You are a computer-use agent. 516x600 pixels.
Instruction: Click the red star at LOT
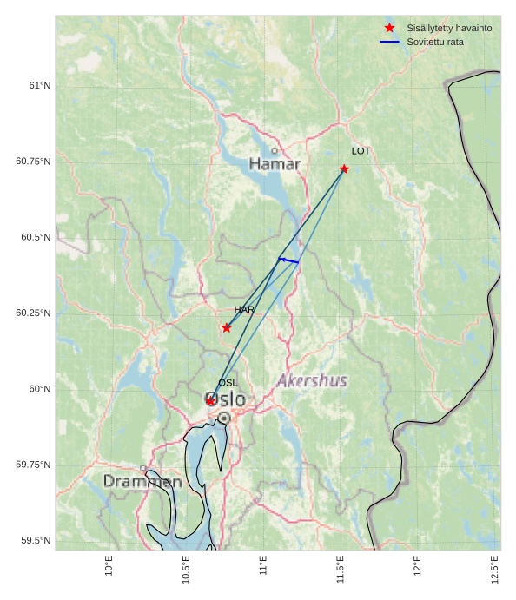tap(344, 169)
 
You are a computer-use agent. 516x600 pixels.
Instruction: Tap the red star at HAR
tap(227, 327)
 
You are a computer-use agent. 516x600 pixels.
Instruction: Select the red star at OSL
tap(210, 400)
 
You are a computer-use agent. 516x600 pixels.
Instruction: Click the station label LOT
tap(361, 151)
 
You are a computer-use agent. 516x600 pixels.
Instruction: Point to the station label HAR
tap(244, 310)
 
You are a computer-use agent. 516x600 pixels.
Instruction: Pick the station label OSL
tap(228, 383)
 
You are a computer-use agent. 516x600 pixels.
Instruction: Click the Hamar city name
tap(275, 164)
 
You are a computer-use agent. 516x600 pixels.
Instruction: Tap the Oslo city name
tap(225, 400)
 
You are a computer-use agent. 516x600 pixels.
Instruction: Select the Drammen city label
tap(142, 481)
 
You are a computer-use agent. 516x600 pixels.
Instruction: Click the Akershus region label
tap(312, 380)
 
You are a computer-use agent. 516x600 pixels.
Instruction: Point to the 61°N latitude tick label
tap(39, 85)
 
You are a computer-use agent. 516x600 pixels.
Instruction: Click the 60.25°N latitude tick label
tap(33, 313)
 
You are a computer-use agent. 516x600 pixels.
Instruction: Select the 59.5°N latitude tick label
tap(36, 540)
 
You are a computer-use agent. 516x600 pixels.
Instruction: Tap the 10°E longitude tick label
tap(109, 565)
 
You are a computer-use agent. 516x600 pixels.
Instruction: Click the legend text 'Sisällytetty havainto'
tap(449, 28)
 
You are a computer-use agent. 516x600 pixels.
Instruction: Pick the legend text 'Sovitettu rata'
tap(435, 42)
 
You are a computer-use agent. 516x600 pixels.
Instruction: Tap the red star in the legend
tap(389, 28)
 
